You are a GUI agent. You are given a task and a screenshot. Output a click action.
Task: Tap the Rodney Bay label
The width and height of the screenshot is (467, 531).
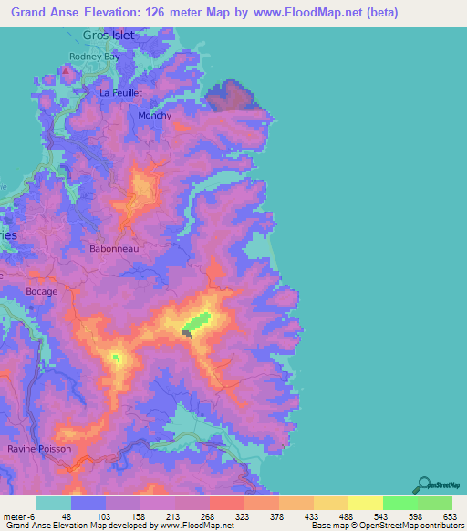[x=95, y=57]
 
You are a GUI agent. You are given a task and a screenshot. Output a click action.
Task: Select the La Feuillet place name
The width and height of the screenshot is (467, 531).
[x=124, y=93]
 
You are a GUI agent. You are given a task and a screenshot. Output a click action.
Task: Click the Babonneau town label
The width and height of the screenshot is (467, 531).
[x=113, y=248]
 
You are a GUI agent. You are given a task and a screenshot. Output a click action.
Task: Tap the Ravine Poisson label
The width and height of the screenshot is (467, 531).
[x=39, y=450]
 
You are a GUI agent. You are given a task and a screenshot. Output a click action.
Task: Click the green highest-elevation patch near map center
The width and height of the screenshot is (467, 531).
[x=197, y=321]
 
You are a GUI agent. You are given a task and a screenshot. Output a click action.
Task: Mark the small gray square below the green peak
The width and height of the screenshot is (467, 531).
[x=186, y=334]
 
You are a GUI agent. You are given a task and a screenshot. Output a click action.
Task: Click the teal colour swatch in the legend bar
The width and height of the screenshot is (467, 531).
[x=54, y=503]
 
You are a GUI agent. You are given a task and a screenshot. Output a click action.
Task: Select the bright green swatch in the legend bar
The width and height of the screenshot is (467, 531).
[x=400, y=503]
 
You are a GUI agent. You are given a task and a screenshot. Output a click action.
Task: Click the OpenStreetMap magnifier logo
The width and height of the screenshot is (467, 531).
[x=423, y=484]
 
